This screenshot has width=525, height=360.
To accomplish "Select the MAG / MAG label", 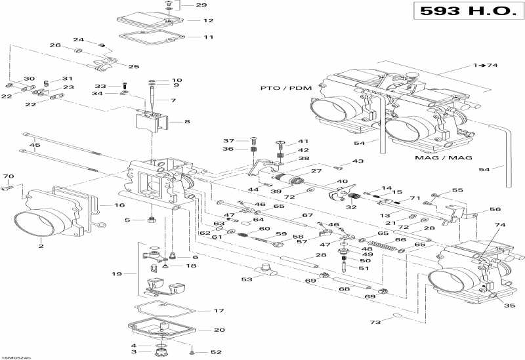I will pyautogui.click(x=436, y=157).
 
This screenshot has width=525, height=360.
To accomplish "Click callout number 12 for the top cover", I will pyautogui.click(x=209, y=20).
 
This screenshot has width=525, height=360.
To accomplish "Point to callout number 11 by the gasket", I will pyautogui.click(x=209, y=37).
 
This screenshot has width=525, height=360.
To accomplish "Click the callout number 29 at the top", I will pyautogui.click(x=201, y=5).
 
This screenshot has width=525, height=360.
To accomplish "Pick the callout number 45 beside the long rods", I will pyautogui.click(x=35, y=145).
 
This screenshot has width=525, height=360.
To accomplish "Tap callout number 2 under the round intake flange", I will pyautogui.click(x=41, y=247).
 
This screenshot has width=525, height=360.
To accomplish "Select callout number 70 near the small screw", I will pyautogui.click(x=9, y=176).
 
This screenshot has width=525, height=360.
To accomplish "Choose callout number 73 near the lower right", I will pyautogui.click(x=375, y=323).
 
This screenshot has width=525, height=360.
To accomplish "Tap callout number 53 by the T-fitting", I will pyautogui.click(x=246, y=280).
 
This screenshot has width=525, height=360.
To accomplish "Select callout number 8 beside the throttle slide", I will pyautogui.click(x=187, y=121).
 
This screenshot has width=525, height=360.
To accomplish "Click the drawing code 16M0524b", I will pyautogui.click(x=16, y=357).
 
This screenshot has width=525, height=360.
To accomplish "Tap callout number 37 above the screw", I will pyautogui.click(x=228, y=141).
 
